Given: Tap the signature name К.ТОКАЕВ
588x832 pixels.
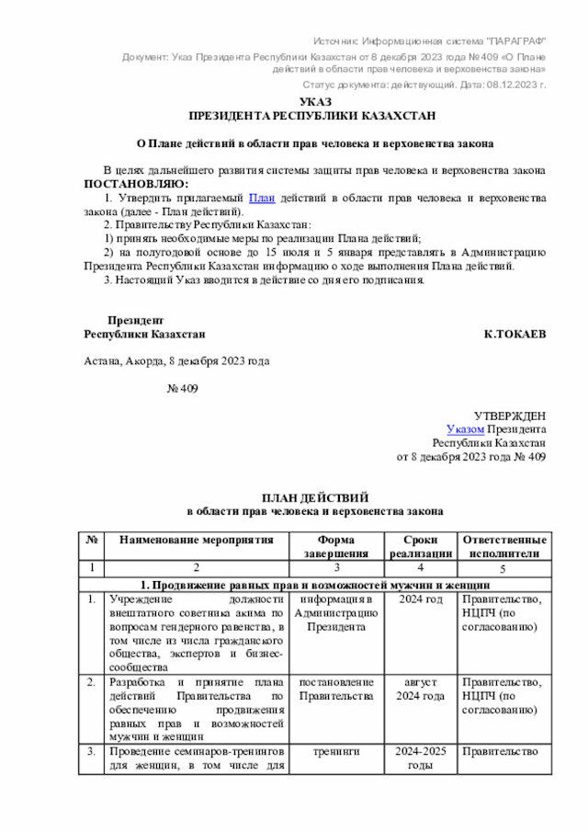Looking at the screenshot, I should point(514,335).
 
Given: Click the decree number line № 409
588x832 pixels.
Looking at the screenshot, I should point(181,389).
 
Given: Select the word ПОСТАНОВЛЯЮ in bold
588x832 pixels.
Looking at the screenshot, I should point(134,184).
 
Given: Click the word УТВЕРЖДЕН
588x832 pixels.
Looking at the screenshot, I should point(510,416).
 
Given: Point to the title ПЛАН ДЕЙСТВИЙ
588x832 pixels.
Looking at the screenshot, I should point(315,496).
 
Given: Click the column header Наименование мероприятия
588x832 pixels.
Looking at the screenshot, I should point(189,541).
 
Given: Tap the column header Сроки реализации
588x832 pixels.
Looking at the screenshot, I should point(420,547).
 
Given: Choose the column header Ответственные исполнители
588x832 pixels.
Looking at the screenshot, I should point(503,547).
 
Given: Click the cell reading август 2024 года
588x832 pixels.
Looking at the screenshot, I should point(420,689).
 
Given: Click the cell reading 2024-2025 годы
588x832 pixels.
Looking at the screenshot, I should point(420,758).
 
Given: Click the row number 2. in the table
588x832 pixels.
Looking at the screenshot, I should point(91,682).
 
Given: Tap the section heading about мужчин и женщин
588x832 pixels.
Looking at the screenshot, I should point(315,586).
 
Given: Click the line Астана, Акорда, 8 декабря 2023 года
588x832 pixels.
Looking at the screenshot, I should point(176,361).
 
